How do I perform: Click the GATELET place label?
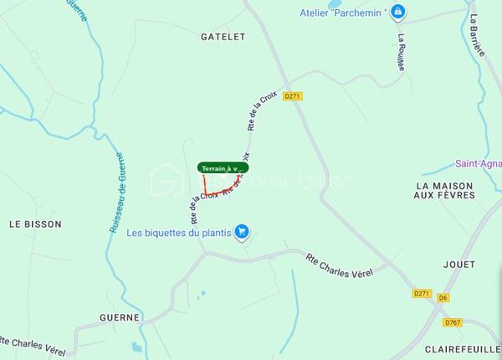click(223, 37)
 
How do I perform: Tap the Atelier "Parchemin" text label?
click(344, 13)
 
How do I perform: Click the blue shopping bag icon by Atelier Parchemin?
click(399, 12)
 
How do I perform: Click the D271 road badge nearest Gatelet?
click(292, 96)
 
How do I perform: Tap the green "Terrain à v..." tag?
click(223, 168)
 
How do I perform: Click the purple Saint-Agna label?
click(478, 164)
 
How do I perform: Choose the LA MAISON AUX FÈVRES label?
click(444, 190)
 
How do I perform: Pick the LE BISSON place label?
click(35, 224)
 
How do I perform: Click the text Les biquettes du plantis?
click(178, 233)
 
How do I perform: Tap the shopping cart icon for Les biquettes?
click(242, 232)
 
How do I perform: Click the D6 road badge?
click(443, 297)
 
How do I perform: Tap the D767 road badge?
click(453, 321)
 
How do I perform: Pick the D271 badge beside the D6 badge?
click(422, 294)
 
